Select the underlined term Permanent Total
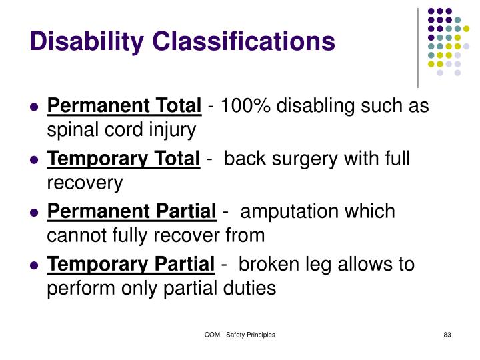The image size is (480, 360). tap(124, 106)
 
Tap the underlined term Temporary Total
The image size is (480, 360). tap(123, 159)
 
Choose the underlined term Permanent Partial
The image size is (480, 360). tap(132, 211)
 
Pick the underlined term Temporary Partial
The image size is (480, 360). tap(131, 264)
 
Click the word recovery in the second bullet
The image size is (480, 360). tap(85, 183)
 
